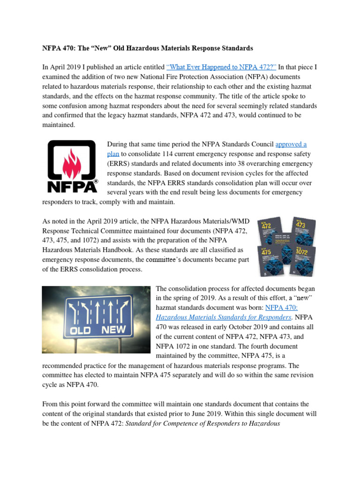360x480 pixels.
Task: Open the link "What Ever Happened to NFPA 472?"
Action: (221, 67)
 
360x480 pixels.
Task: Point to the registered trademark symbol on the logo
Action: (96, 181)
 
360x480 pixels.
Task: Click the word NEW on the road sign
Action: (114, 330)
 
